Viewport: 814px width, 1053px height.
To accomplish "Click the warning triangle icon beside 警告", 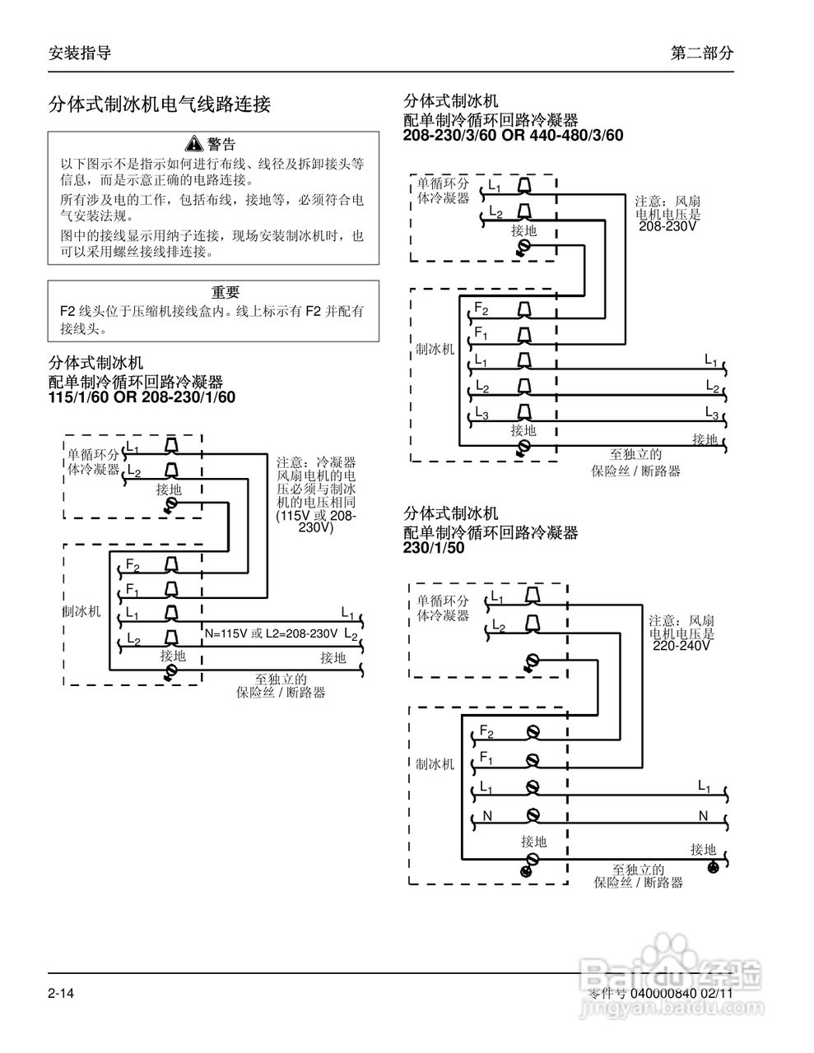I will pyautogui.click(x=193, y=144).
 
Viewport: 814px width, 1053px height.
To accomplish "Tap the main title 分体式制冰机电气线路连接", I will pyautogui.click(x=160, y=104).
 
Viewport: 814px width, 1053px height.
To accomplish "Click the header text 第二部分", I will pyautogui.click(x=701, y=53).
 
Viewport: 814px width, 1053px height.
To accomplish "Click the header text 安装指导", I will pyautogui.click(x=80, y=53).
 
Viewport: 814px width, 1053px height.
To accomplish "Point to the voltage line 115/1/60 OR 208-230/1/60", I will pyautogui.click(x=142, y=397).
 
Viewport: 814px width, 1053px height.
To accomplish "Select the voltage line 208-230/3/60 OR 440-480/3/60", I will pyautogui.click(x=513, y=135).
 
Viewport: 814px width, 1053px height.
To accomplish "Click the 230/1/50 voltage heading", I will pyautogui.click(x=434, y=547).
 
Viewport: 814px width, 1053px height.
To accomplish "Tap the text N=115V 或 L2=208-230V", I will pyautogui.click(x=271, y=633).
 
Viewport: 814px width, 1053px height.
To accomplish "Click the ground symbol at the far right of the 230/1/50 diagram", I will pyautogui.click(x=714, y=868).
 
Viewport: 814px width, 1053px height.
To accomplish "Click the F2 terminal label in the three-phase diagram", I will pyautogui.click(x=481, y=308).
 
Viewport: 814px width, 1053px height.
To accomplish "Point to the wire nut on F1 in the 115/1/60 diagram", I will pyautogui.click(x=172, y=589).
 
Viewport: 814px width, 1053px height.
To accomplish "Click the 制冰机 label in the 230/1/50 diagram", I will pyautogui.click(x=435, y=764).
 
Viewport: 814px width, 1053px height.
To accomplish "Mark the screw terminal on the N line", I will pyautogui.click(x=533, y=815).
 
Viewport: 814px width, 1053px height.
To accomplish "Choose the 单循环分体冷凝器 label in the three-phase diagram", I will pyautogui.click(x=444, y=192).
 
